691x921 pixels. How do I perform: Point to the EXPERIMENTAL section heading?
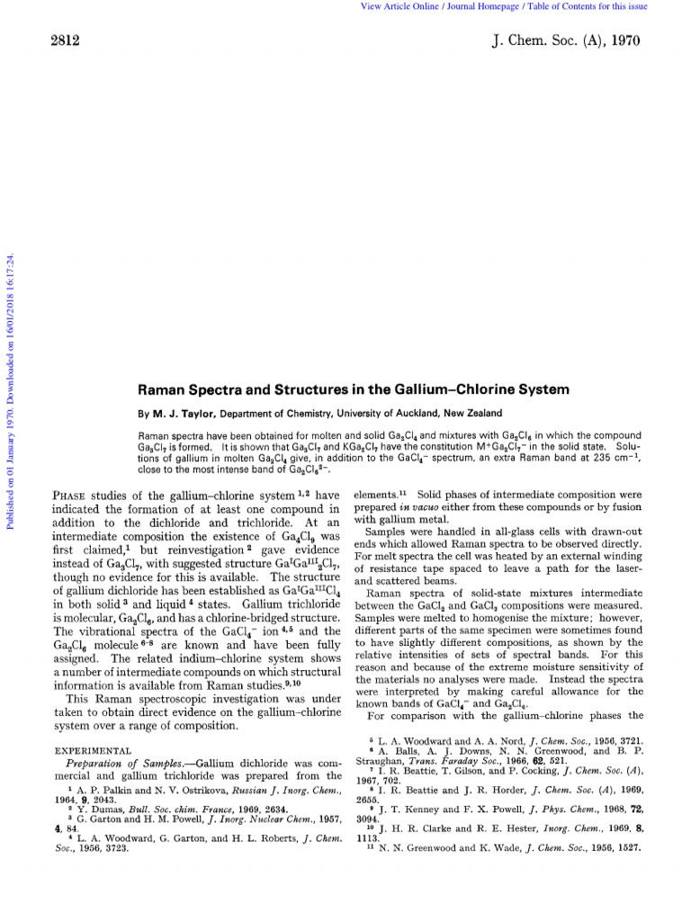pos(94,749)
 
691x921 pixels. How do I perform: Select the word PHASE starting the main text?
pos(74,495)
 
